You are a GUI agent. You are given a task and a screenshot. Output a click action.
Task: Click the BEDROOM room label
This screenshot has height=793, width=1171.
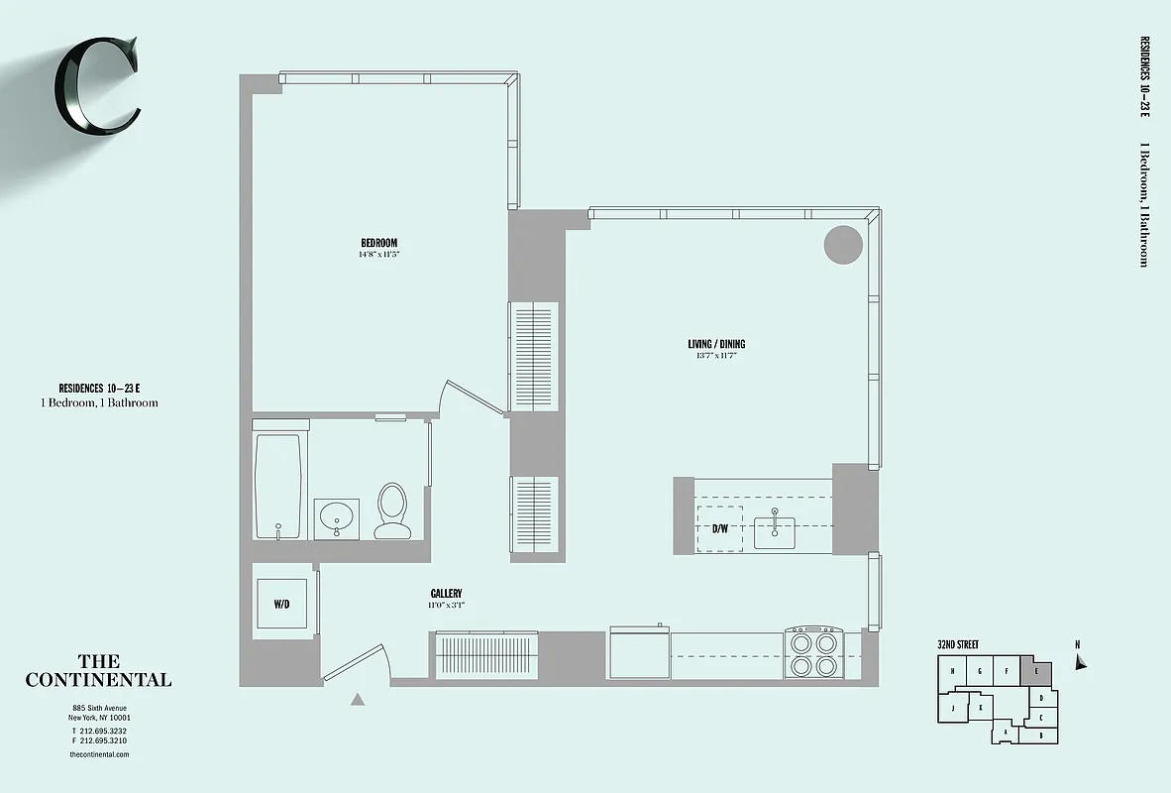pyautogui.click(x=378, y=244)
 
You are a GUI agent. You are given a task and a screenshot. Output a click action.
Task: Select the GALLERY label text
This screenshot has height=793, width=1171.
pyautogui.click(x=446, y=593)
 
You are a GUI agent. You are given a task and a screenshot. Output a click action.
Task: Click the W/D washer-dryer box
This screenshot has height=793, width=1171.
pyautogui.click(x=281, y=604)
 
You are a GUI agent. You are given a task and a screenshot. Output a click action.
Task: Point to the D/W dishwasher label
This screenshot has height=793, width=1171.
pyautogui.click(x=720, y=528)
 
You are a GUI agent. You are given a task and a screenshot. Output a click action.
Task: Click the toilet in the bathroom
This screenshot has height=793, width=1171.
pyautogui.click(x=392, y=510)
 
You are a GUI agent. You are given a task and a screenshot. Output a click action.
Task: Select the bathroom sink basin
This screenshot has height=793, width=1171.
pyautogui.click(x=336, y=517)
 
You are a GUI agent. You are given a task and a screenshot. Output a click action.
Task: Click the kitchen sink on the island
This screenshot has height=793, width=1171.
pyautogui.click(x=775, y=530)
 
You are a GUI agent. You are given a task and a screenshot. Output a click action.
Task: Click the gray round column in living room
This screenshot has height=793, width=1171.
pyautogui.click(x=843, y=244)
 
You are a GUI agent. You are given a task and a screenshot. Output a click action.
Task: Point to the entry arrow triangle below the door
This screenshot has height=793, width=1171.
pyautogui.click(x=358, y=699)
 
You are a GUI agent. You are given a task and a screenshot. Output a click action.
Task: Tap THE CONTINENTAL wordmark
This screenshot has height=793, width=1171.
pyautogui.click(x=98, y=671)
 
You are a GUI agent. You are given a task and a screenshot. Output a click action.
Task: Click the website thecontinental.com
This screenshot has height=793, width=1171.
pyautogui.click(x=99, y=754)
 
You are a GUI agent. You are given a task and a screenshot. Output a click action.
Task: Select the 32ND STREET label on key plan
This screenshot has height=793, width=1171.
pyautogui.click(x=958, y=644)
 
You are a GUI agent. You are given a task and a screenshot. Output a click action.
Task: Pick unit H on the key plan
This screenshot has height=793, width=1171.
pyautogui.click(x=952, y=672)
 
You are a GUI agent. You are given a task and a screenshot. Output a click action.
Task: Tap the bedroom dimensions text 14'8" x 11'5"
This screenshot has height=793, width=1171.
pyautogui.click(x=378, y=255)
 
